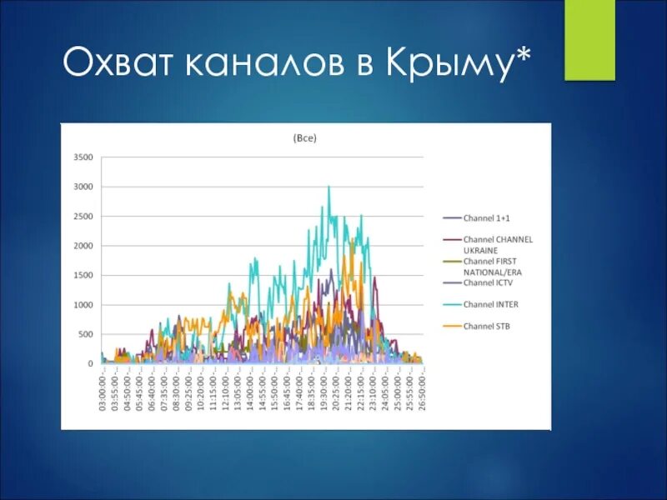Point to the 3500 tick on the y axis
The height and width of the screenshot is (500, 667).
pyautogui.click(x=83, y=157)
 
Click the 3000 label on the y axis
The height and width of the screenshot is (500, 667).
pyautogui.click(x=83, y=187)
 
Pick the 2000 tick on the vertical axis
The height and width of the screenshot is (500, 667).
pyautogui.click(x=83, y=246)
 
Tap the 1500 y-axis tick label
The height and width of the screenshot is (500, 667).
pyautogui.click(x=83, y=275)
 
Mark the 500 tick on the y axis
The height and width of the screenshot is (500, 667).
pyautogui.click(x=86, y=334)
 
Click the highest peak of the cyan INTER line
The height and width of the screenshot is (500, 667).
pyautogui.click(x=328, y=187)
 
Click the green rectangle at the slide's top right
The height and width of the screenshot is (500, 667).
pyautogui.click(x=589, y=39)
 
